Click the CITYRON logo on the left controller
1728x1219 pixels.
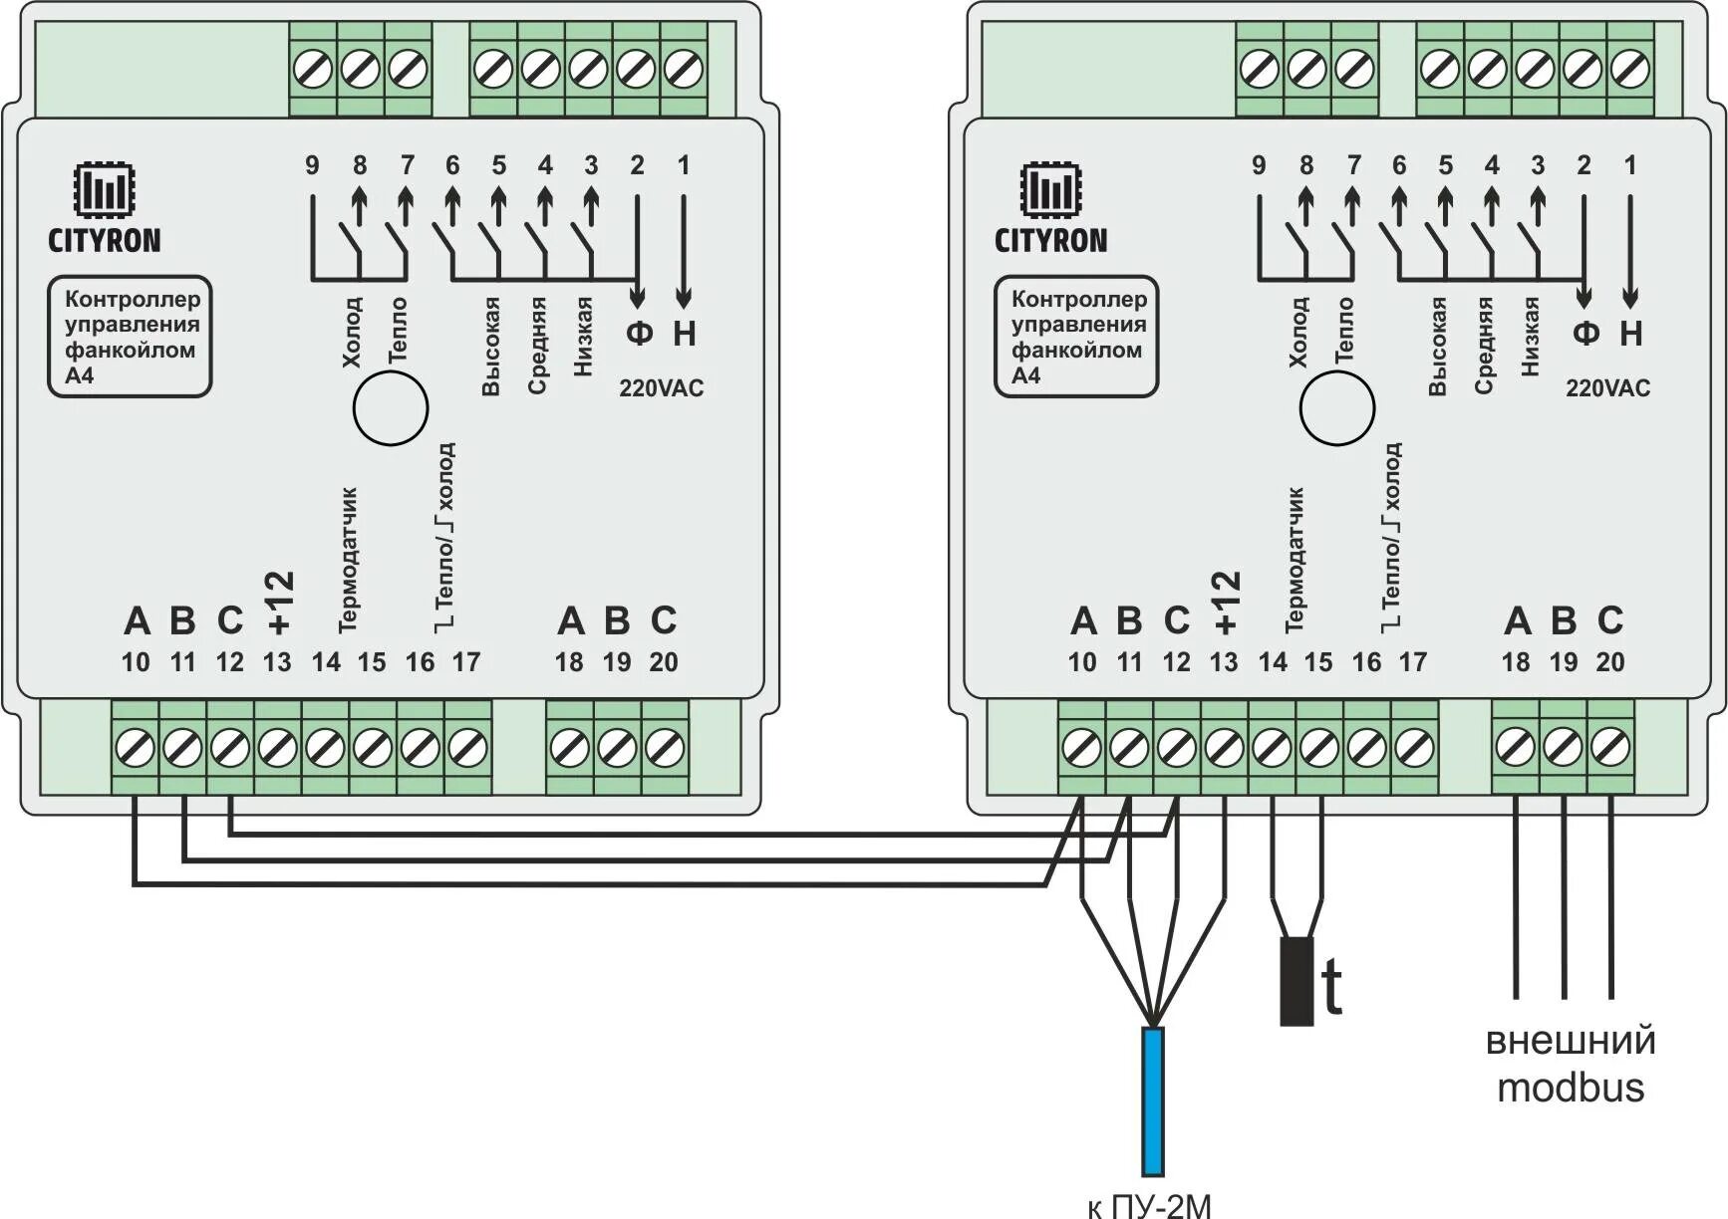coord(104,209)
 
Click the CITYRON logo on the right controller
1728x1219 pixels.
coord(1050,209)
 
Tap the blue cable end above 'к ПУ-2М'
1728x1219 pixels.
coord(1153,1100)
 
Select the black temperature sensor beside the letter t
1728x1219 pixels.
coord(1296,981)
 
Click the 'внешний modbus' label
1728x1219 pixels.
coord(1571,1064)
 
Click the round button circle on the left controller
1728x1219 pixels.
coord(391,408)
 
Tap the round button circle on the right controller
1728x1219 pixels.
coord(1337,408)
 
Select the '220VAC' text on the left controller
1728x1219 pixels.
coord(661,388)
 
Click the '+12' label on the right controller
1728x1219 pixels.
coord(1226,603)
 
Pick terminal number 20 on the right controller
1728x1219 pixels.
coord(1610,662)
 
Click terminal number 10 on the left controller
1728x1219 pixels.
coord(136,662)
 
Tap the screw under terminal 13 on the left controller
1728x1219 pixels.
coord(277,747)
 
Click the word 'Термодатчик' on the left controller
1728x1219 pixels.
coord(348,560)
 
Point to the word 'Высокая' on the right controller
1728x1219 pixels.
coord(1437,347)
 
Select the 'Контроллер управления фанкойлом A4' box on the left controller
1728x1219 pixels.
coord(130,337)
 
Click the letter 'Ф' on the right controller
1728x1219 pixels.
coord(1585,333)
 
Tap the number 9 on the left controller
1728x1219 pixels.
coord(312,165)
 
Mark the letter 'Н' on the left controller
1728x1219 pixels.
coord(684,333)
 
